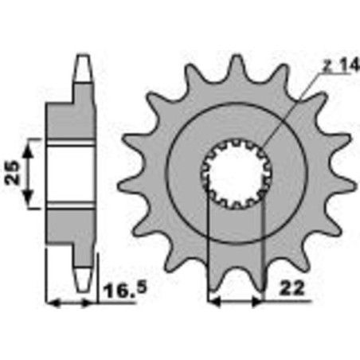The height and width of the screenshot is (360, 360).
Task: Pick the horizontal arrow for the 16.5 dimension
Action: pyautogui.click(x=72, y=303)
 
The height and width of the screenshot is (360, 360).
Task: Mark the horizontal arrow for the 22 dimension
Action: pyautogui.click(x=235, y=302)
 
